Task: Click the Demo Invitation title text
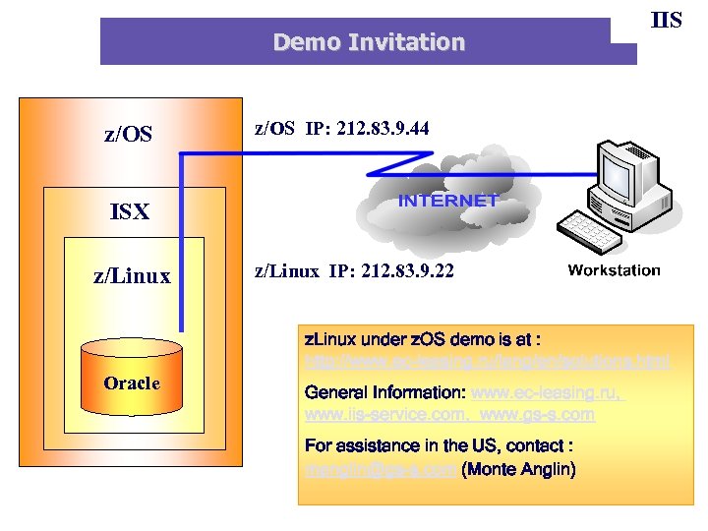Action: pos(369,42)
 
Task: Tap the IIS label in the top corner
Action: pos(667,20)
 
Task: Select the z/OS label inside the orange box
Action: pos(129,134)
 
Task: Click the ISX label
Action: pos(129,211)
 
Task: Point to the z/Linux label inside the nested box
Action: pos(132,277)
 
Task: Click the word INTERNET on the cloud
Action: pos(448,201)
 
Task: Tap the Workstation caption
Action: pos(614,270)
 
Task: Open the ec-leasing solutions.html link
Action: pos(488,362)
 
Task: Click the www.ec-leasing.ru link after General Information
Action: pos(547,393)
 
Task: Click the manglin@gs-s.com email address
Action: pos(381,470)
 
